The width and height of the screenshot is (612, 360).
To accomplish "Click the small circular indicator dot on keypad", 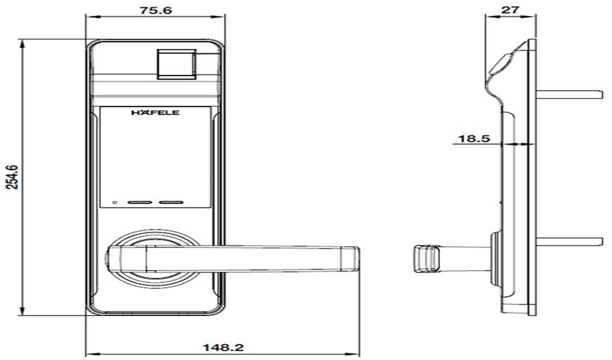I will point(113,202).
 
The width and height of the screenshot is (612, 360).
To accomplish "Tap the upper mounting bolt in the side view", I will point(569,94).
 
